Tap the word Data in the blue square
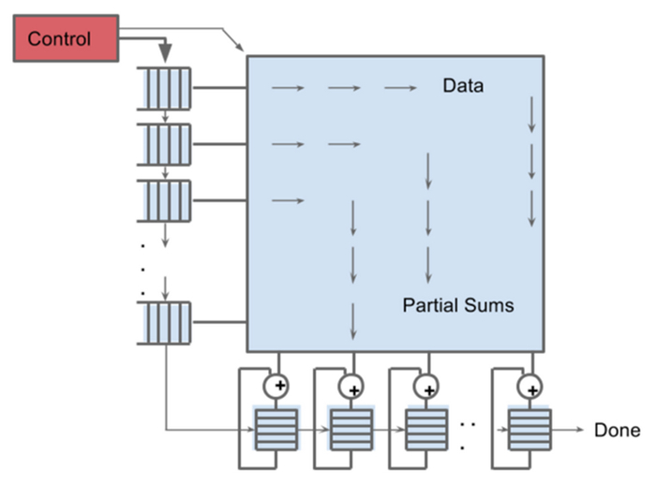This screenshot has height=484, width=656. pos(463,87)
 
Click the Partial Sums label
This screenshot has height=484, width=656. pos(458,305)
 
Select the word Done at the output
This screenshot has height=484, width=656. pos(618,431)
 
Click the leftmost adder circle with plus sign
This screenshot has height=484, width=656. pos(277,385)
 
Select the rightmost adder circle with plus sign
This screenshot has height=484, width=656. pos(531,385)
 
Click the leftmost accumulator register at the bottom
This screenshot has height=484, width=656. pos(276,430)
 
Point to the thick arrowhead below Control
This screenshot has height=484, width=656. pos(165,51)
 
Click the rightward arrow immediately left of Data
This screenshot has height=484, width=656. pos(400,88)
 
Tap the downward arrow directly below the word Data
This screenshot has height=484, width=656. pos(532,113)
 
